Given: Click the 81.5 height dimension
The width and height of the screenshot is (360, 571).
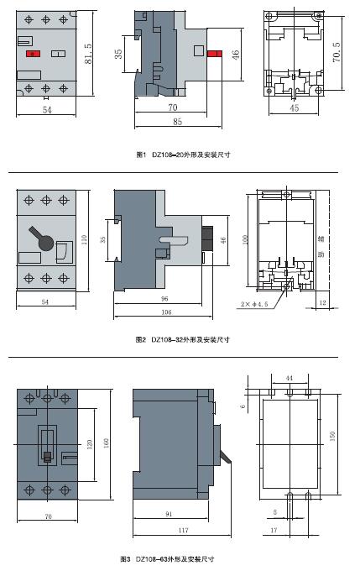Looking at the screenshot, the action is pyautogui.click(x=88, y=54).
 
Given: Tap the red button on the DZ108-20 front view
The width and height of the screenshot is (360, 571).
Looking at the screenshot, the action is pyautogui.click(x=33, y=54).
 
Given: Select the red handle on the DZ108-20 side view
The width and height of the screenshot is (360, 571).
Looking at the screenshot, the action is pyautogui.click(x=214, y=54).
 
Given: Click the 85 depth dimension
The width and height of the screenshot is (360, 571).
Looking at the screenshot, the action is pyautogui.click(x=177, y=122).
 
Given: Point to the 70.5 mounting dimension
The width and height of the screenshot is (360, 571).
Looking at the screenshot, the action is pyautogui.click(x=337, y=52).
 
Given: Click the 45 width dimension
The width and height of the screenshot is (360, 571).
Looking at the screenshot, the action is pyautogui.click(x=294, y=108).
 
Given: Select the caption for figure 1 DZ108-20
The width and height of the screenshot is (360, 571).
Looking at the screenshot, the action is pyautogui.click(x=183, y=155).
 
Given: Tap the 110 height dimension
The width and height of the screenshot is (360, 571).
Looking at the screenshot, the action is pyautogui.click(x=84, y=239).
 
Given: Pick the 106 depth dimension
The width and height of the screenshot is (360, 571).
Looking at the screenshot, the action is pyautogui.click(x=166, y=312).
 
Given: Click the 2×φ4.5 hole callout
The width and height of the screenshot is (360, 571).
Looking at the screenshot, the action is pyautogui.click(x=254, y=304).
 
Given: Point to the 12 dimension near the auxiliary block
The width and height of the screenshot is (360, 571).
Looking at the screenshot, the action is pyautogui.click(x=322, y=302).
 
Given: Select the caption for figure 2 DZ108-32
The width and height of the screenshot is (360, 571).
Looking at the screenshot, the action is pyautogui.click(x=182, y=339).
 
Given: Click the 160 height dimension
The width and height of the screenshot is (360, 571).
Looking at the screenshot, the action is pyautogui.click(x=106, y=443).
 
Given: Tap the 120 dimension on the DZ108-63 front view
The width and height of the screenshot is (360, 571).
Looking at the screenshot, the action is pyautogui.click(x=90, y=444).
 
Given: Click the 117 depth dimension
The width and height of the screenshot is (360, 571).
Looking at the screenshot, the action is pyautogui.click(x=183, y=530).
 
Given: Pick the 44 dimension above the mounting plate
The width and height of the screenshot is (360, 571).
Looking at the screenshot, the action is pyautogui.click(x=289, y=379).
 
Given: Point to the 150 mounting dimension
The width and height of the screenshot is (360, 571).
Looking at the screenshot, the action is pyautogui.click(x=332, y=437).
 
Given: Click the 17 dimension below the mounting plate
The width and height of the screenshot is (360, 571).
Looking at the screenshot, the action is pyautogui.click(x=274, y=530).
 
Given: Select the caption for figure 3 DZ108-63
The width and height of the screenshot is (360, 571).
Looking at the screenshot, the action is pyautogui.click(x=167, y=559).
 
